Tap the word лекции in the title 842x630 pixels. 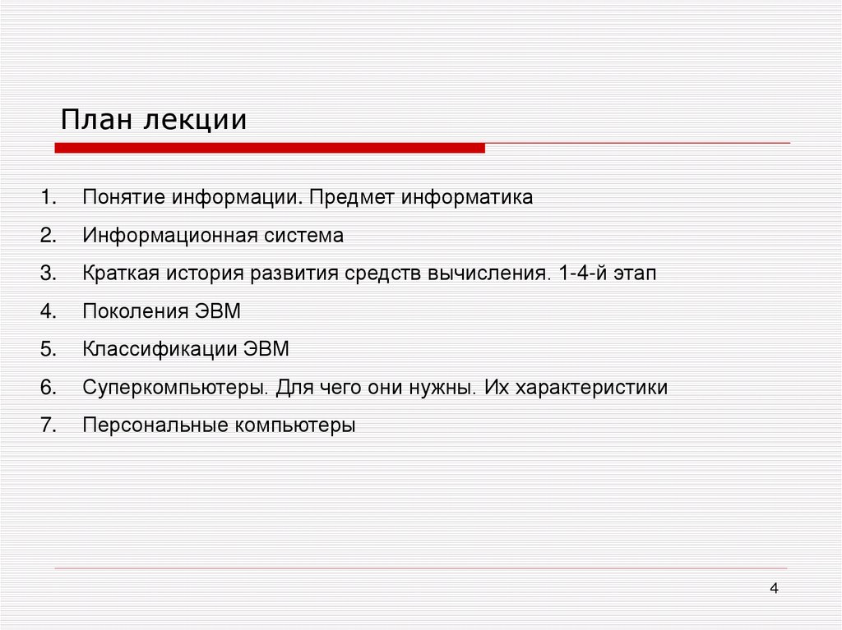pos(196,121)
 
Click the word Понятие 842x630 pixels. pos(123,198)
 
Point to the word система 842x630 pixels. pos(304,236)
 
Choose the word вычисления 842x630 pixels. pos(488,274)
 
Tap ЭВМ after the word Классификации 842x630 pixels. pos(266,349)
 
